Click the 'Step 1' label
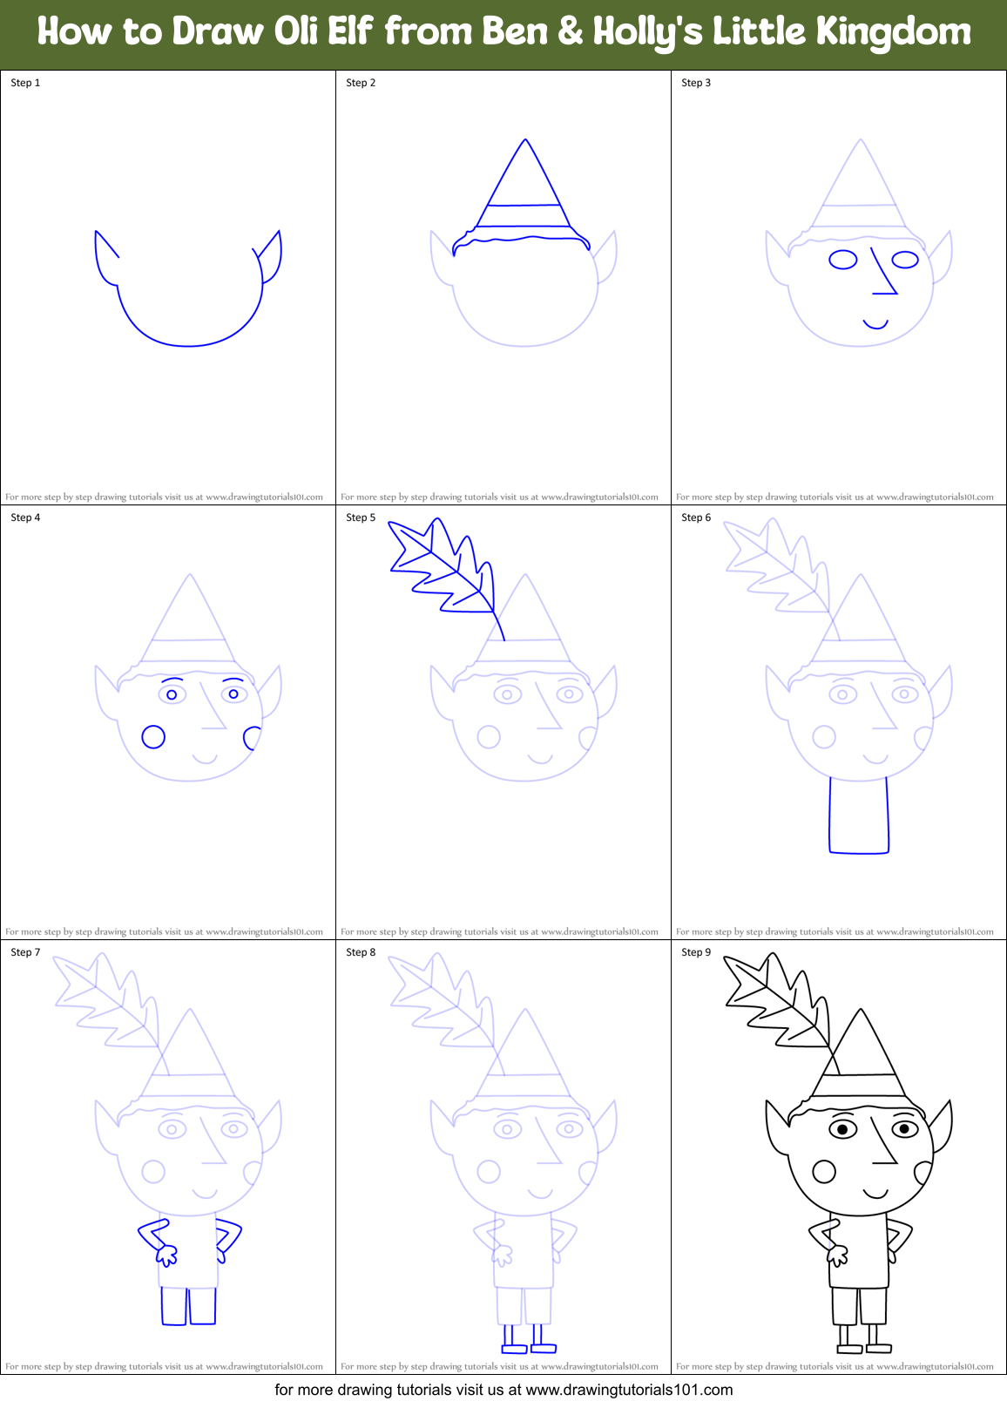point(25,83)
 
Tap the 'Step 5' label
point(361,518)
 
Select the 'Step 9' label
point(696,952)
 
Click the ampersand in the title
point(570,32)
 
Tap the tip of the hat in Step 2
point(525,141)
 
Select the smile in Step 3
point(875,325)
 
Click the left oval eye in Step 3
point(842,260)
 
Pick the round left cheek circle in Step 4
point(153,737)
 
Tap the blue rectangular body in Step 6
point(859,815)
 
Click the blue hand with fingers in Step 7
point(166,1255)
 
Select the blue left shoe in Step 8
point(515,1349)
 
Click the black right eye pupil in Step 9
point(904,1129)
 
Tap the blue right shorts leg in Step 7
point(203,1306)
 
